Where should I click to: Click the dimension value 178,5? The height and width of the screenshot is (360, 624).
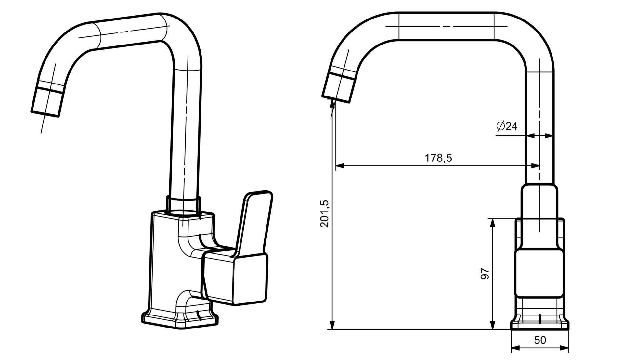(x=438, y=158)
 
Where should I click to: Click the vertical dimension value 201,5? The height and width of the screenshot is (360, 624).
(x=325, y=213)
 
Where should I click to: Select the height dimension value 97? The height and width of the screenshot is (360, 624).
(x=485, y=274)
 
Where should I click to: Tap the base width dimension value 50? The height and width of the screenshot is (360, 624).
(x=540, y=340)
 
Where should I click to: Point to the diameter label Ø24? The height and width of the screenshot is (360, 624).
(x=507, y=126)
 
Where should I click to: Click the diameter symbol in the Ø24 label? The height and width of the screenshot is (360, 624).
(x=500, y=126)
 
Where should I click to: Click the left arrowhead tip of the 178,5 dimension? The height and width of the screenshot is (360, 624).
(x=336, y=166)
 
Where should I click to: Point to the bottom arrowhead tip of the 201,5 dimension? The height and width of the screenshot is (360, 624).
(x=332, y=329)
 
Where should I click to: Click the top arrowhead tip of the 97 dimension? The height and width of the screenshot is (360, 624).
(x=493, y=219)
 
